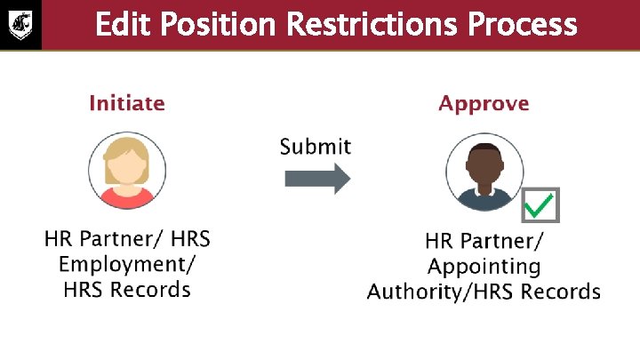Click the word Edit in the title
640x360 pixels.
[124, 24]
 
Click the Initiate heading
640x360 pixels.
[127, 103]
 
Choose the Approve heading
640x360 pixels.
[484, 104]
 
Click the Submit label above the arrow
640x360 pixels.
[316, 147]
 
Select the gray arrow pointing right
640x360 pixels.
[317, 179]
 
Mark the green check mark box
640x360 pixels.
[539, 206]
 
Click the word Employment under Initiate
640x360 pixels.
[128, 264]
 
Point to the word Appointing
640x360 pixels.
[484, 267]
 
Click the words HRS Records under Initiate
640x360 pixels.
[127, 289]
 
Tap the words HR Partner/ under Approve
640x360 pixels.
[484, 242]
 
